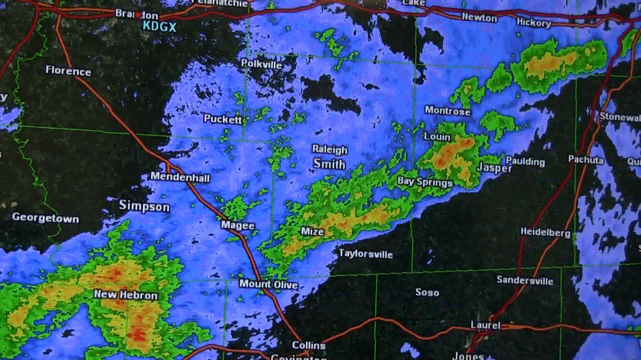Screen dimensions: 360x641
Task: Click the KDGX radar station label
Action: tap(159, 26)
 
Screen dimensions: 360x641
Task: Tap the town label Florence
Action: tap(68, 71)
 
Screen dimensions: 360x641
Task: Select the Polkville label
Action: tap(262, 63)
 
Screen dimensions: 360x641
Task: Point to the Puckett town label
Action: tap(223, 119)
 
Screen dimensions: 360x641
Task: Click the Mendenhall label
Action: tap(180, 177)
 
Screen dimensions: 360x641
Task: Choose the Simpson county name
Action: tap(144, 206)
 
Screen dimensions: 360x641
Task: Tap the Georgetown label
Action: tap(46, 218)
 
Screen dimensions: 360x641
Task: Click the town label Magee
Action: tap(238, 225)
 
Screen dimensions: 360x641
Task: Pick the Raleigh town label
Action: tap(329, 150)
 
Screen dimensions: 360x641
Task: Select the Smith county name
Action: tap(329, 164)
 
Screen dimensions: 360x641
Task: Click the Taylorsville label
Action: tap(365, 254)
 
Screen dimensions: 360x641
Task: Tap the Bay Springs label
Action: tap(425, 182)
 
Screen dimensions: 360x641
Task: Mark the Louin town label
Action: tap(437, 136)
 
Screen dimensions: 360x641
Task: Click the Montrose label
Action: tap(447, 111)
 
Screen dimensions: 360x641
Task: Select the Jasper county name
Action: tap(494, 168)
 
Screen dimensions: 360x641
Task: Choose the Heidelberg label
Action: tap(545, 233)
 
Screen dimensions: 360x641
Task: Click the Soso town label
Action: tap(427, 292)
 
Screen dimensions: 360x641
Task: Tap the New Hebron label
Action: tap(126, 295)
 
